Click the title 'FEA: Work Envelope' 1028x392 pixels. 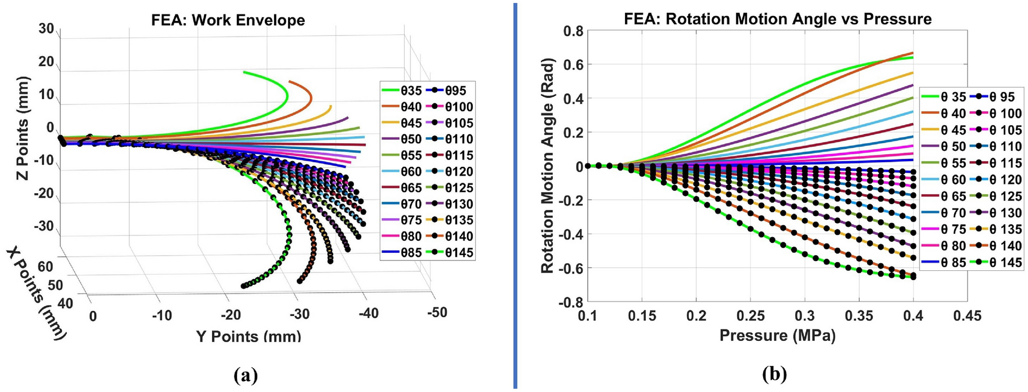pos(228,20)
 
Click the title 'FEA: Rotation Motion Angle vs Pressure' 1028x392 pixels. pos(777,19)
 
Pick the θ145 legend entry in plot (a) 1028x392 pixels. pos(451,253)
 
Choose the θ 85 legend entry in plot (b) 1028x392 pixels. pos(944,263)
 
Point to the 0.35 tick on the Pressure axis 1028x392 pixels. pos(858,316)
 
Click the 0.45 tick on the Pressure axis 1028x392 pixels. pos(966,316)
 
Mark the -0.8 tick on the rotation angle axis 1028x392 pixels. pos(571,302)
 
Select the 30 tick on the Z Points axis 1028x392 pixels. pos(46,29)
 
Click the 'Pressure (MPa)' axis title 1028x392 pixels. pos(777,335)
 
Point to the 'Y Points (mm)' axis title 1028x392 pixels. pos(248,336)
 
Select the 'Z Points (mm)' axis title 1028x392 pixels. pos(23,128)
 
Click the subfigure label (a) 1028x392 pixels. pos(245,375)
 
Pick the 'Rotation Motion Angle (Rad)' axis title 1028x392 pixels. pos(547,165)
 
